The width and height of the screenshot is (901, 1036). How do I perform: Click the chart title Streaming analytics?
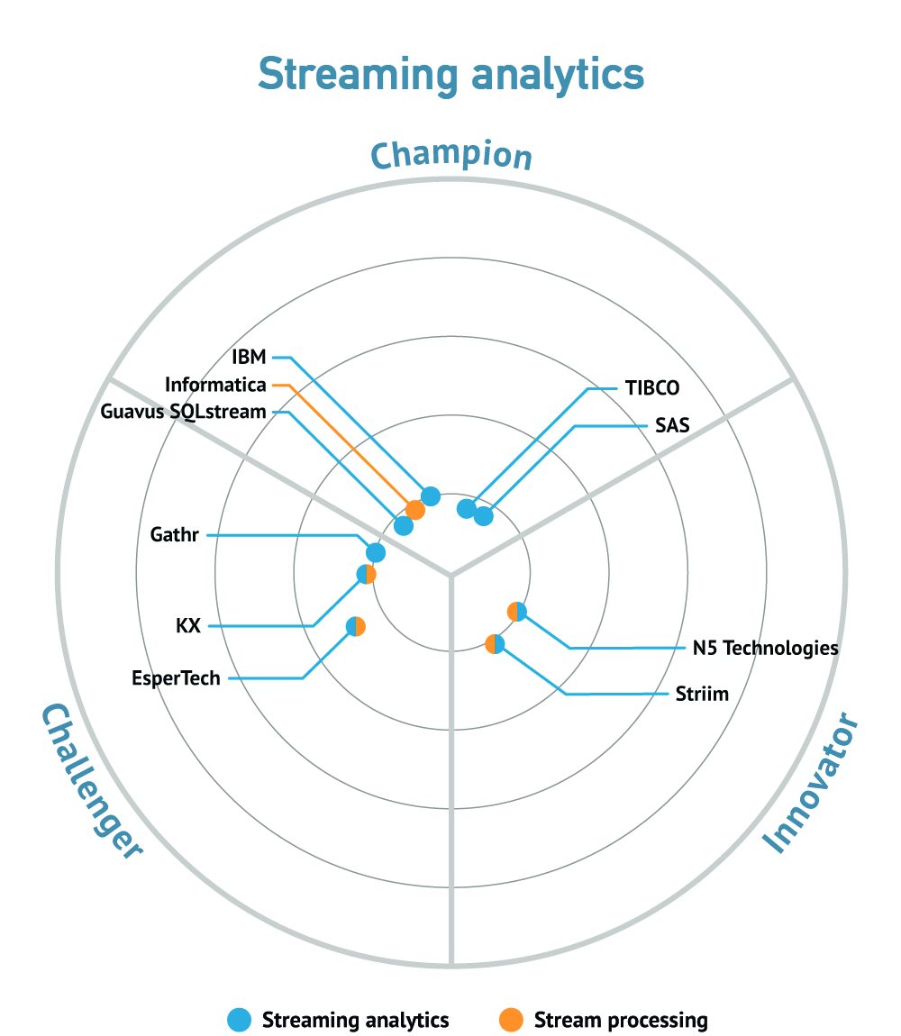(450, 75)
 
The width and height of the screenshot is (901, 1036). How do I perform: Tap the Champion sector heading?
(451, 156)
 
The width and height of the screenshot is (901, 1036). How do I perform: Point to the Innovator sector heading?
(810, 782)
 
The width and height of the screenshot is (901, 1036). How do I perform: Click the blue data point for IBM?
(431, 495)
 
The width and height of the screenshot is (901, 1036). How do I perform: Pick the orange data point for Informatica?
(415, 510)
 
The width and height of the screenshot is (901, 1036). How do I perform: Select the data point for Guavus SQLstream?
(404, 526)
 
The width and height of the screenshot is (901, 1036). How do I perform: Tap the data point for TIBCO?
(467, 509)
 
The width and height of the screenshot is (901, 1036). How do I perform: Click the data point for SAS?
(484, 516)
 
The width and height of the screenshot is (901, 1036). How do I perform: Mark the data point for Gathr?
(376, 551)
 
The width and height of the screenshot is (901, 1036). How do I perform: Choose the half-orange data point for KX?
(366, 574)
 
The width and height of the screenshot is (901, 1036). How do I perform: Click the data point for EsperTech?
(356, 626)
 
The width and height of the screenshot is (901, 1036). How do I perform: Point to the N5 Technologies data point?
(517, 612)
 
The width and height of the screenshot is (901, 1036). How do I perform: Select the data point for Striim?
(496, 643)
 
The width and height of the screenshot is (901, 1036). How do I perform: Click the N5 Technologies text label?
(766, 648)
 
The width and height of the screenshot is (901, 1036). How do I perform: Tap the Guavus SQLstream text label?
(183, 412)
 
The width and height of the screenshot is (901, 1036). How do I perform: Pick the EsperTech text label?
(176, 677)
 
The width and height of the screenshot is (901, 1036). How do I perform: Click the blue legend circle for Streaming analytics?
(240, 1020)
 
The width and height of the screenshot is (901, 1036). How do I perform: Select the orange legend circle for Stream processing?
(511, 1020)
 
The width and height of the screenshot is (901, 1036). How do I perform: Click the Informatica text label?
(215, 385)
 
